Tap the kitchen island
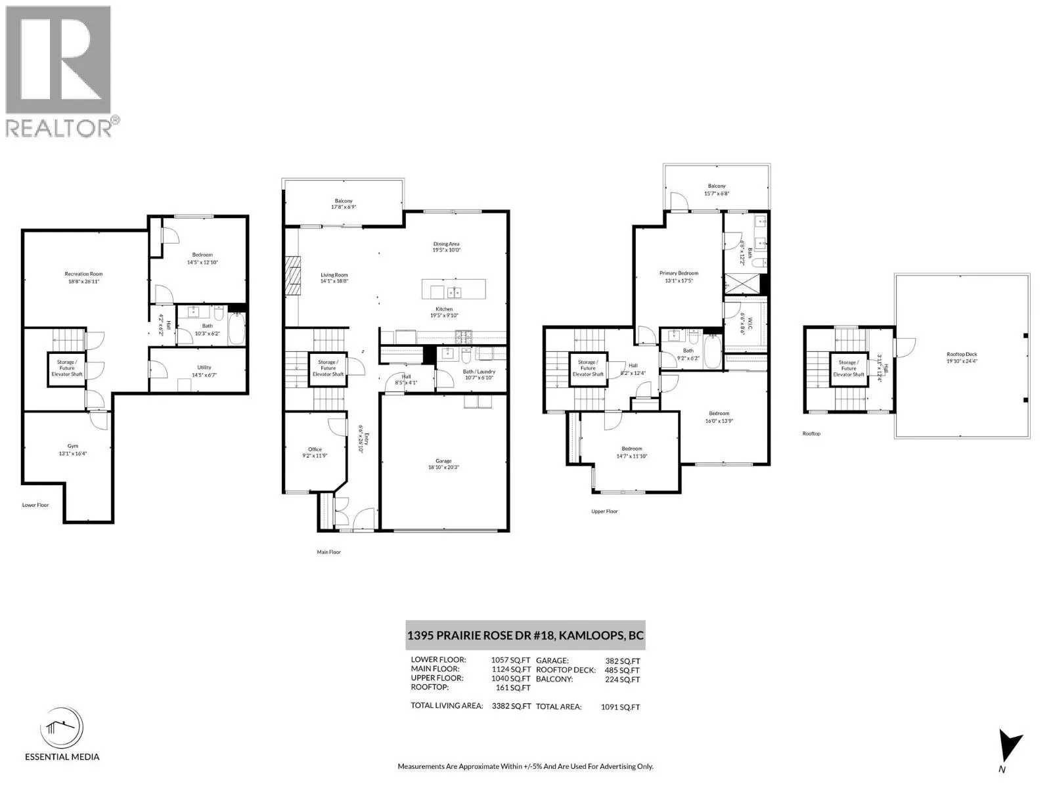point(453,289)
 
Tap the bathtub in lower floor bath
point(236,327)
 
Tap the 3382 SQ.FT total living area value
point(511,706)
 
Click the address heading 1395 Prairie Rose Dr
point(525,635)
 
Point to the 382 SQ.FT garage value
point(622,661)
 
